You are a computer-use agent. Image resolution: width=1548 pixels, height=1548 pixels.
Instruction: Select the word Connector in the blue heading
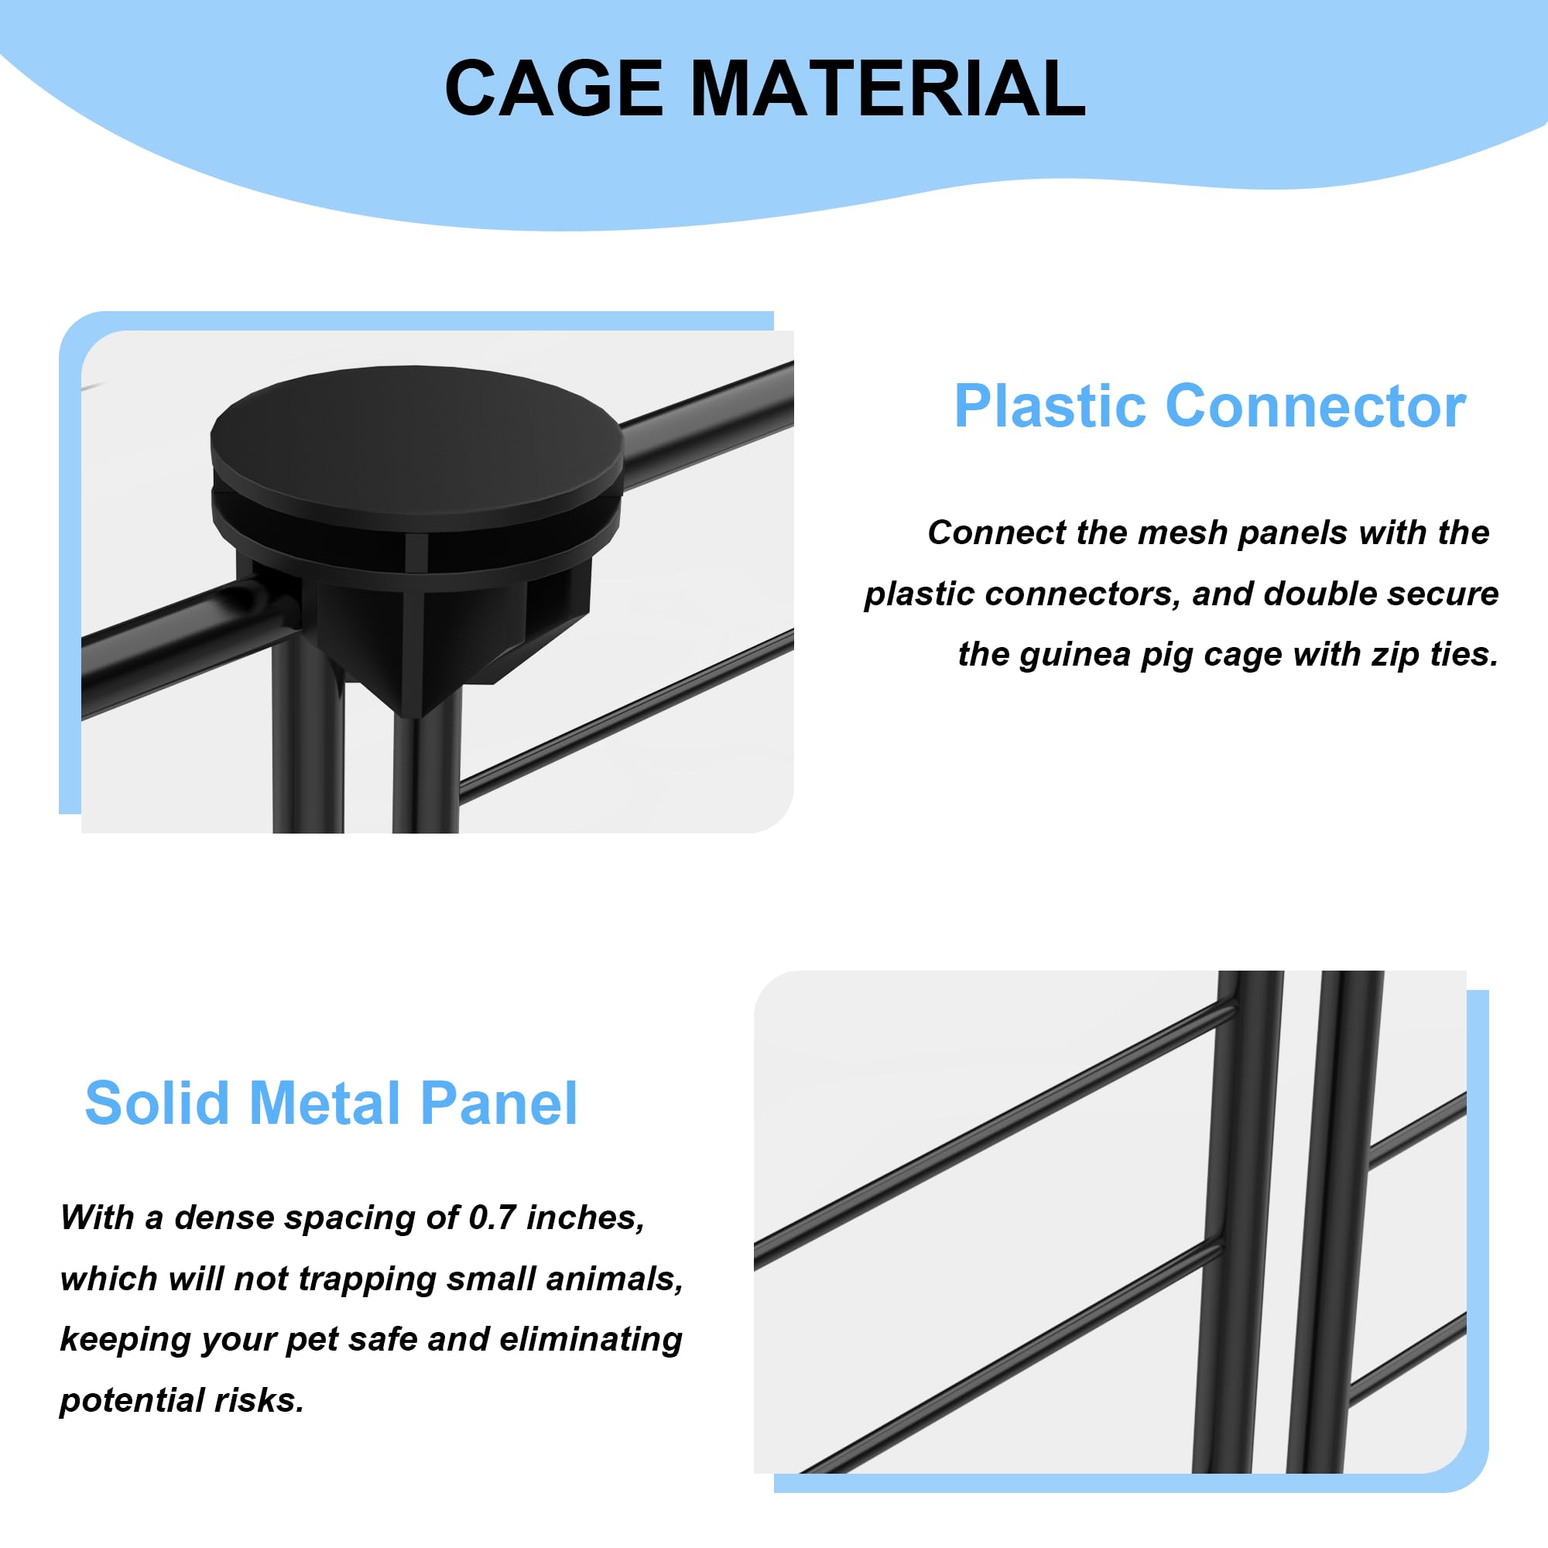pos(1315,406)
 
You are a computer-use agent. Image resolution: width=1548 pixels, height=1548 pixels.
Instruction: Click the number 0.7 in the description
pos(491,1218)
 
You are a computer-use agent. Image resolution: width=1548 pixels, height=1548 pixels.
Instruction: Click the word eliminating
pos(591,1339)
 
